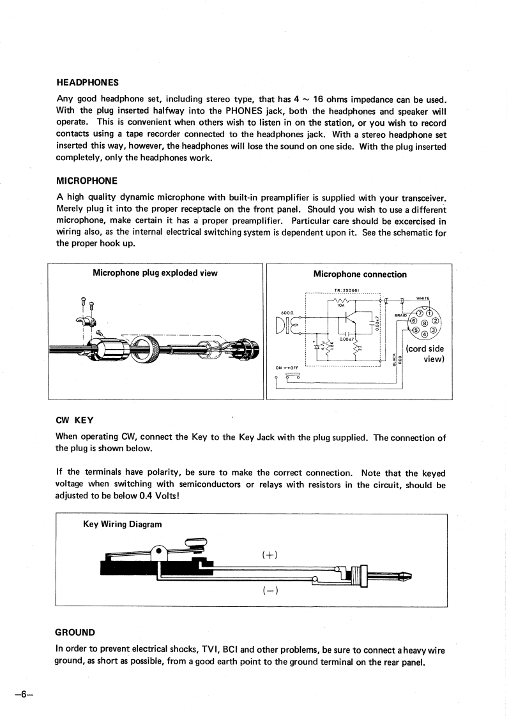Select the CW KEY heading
click(x=75, y=420)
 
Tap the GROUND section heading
click(x=75, y=632)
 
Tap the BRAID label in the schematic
click(x=401, y=315)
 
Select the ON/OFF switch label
click(x=287, y=368)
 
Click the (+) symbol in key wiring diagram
click(x=268, y=555)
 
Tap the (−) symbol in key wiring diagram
click(x=268, y=590)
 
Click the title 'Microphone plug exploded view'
click(x=155, y=273)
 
